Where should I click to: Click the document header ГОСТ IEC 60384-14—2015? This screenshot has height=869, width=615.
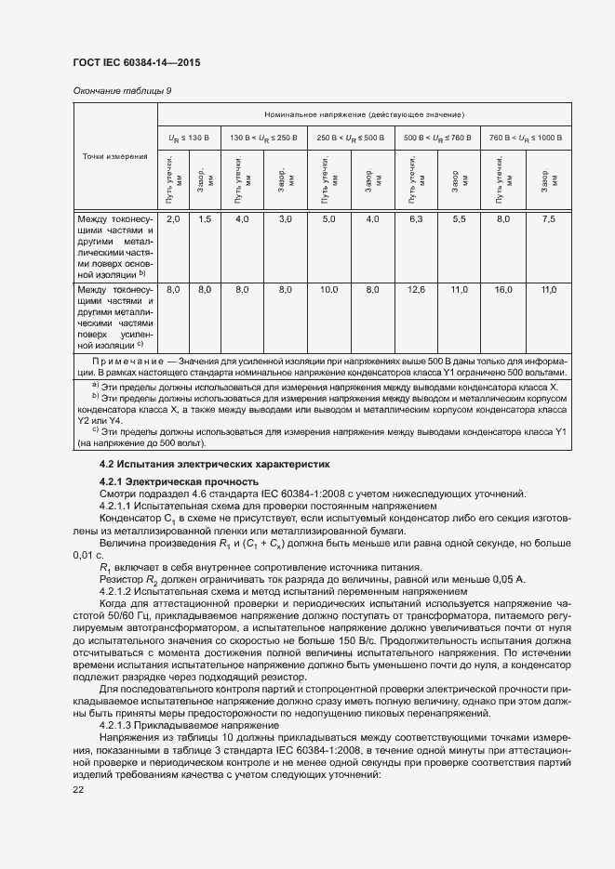point(137,63)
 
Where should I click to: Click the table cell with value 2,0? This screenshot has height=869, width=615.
point(173,218)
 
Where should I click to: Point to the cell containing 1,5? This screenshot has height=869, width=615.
point(205,218)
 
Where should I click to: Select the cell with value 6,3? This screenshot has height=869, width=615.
point(415,218)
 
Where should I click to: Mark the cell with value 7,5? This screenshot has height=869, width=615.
point(549,218)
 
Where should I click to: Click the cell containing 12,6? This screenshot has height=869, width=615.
point(415,290)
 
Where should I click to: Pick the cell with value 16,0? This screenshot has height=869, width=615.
point(503,290)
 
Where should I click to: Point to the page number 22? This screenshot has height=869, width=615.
point(78,789)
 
